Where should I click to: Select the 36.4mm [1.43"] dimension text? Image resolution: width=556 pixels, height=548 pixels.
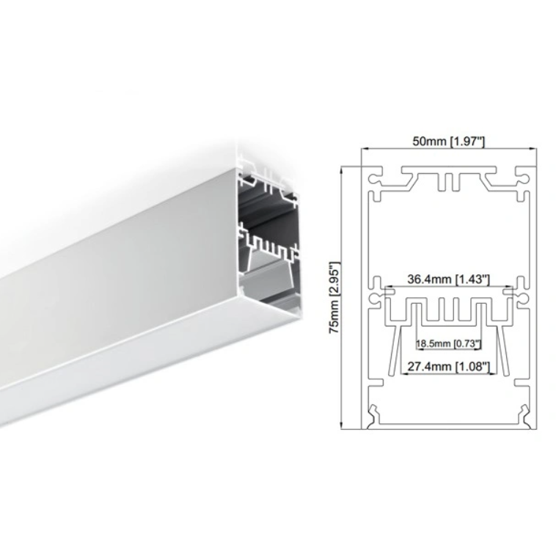coord(448,280)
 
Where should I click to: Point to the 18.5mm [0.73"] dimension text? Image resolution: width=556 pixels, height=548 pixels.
coord(448,343)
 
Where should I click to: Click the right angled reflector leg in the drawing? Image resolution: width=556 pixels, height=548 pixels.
coord(500,352)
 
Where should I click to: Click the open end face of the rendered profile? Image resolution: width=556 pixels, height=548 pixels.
coord(268,235)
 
